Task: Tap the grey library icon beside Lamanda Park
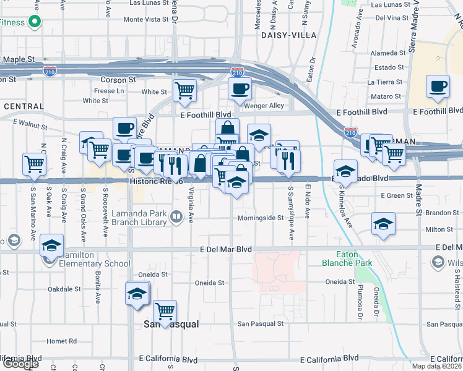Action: coord(176,216)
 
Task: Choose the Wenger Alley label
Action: coord(268,106)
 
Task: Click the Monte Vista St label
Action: coord(146,19)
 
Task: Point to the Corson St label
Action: coord(118,80)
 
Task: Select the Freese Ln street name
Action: coord(109,90)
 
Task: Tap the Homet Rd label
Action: coord(61,341)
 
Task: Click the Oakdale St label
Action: coord(64,289)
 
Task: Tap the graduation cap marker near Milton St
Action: coord(383,223)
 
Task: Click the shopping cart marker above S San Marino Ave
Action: coord(33,164)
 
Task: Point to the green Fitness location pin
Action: coord(34,23)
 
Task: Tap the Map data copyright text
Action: coord(437,366)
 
